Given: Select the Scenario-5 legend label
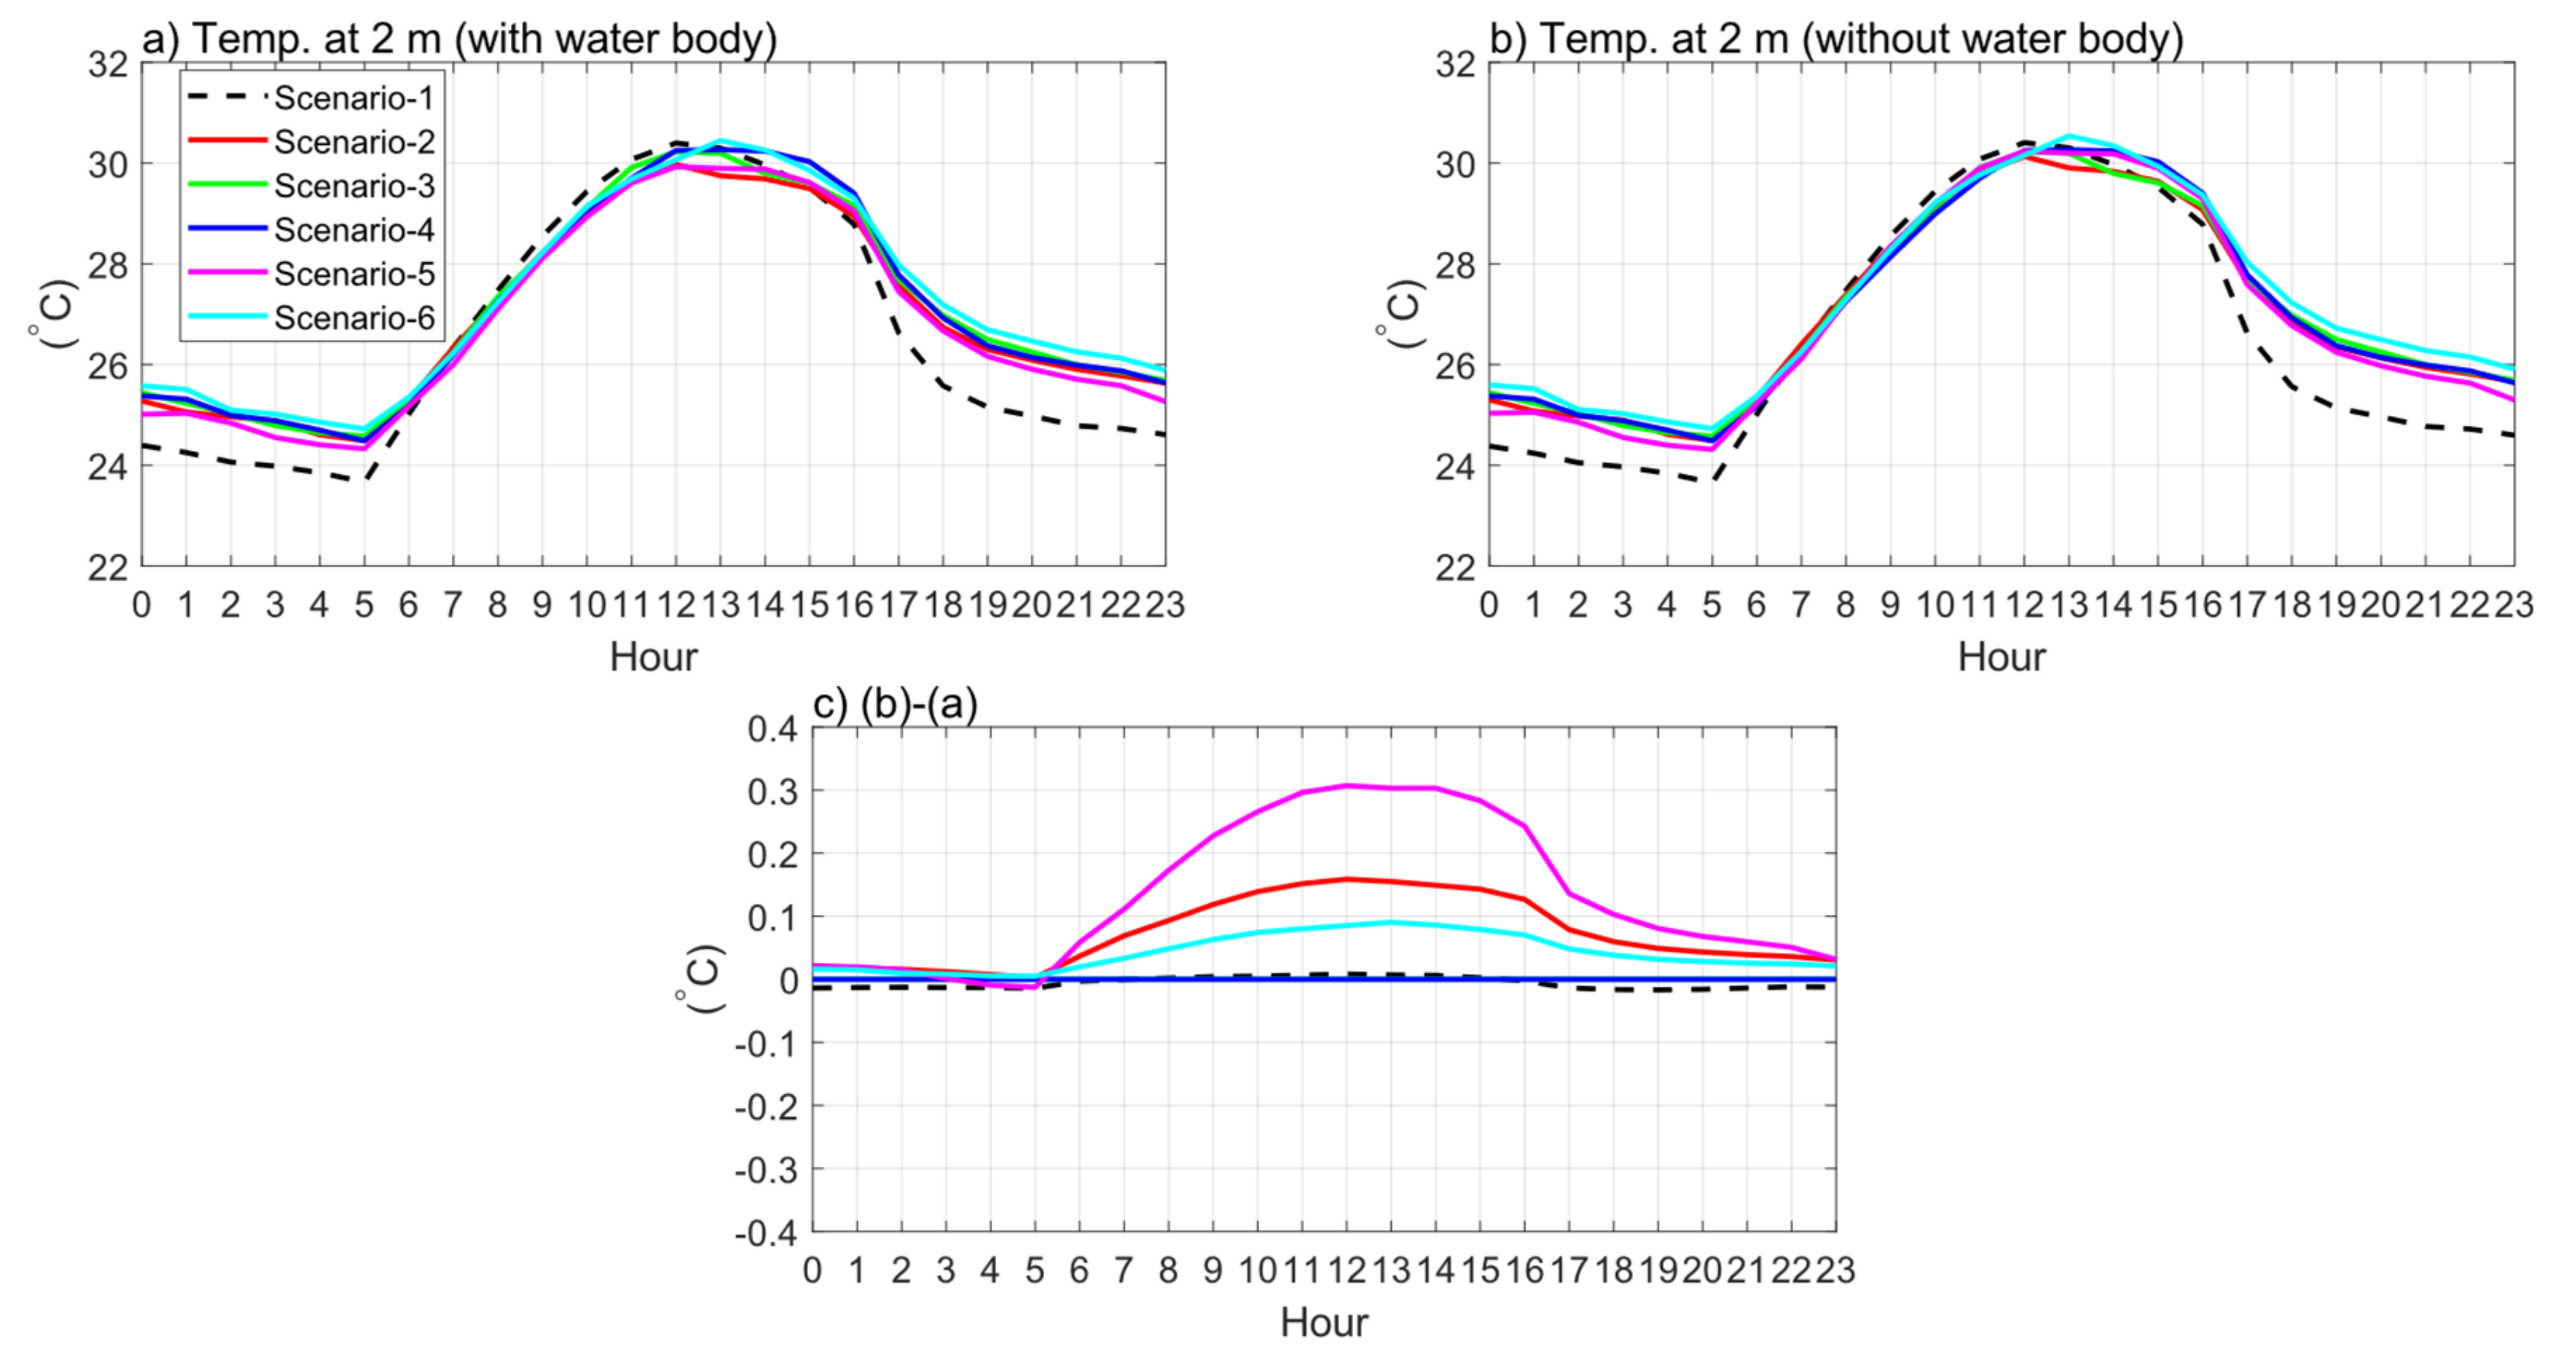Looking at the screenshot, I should tap(353, 273).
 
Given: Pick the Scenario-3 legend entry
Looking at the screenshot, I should tap(353, 186).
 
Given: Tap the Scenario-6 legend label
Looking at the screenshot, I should tap(353, 317).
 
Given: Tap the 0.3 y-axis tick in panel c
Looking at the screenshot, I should tap(772, 792).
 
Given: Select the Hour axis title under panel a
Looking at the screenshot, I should tap(653, 657).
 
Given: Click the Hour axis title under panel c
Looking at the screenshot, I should tap(1323, 1322).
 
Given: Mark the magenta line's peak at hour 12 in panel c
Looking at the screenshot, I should tap(1346, 786).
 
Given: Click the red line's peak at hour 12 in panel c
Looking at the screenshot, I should tap(1346, 878).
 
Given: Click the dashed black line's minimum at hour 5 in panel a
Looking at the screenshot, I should tap(364, 480).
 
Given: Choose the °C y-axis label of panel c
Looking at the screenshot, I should tap(701, 979).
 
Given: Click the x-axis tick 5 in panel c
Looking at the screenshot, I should tap(1035, 1271).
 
